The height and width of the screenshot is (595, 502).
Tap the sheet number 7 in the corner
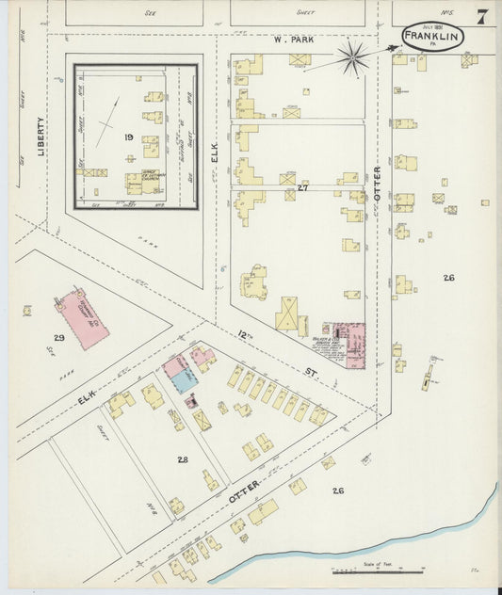coord(481,17)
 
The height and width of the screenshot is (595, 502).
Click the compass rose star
coord(353,58)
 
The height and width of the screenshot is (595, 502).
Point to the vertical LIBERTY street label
coord(40,137)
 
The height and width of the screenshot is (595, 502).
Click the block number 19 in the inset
coord(127,137)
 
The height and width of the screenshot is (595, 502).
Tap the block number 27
coord(302,188)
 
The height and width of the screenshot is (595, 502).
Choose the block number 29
coord(58,337)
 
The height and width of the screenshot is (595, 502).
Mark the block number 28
coord(182,458)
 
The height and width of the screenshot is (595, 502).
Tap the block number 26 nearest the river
coord(337,490)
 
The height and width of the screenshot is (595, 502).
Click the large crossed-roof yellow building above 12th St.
coord(289,314)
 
